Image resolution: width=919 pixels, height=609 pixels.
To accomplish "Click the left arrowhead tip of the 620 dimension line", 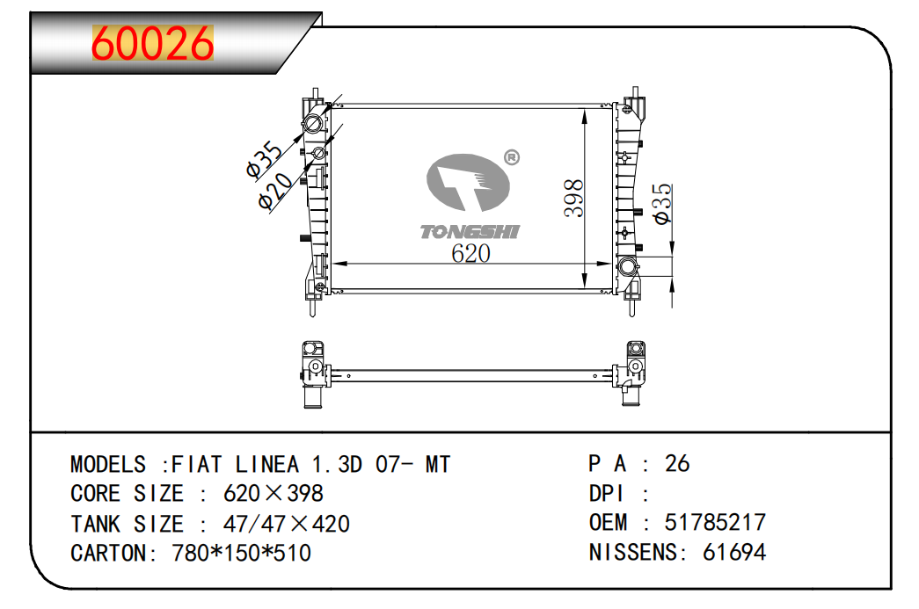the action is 332,265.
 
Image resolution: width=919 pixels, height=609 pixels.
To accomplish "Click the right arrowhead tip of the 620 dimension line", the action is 612,265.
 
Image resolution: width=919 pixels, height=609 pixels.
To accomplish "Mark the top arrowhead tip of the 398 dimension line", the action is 584,109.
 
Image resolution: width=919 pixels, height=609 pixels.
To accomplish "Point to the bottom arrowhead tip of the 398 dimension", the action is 584,288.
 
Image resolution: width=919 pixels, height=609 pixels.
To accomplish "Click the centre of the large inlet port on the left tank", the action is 313,124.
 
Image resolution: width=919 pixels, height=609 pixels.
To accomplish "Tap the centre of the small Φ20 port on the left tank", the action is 319,154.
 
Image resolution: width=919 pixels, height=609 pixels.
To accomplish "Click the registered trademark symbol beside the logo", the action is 512,157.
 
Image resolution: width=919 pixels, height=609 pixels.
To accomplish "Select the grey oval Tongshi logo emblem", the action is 468,182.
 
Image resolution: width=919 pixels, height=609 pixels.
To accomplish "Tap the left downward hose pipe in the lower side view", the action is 312,396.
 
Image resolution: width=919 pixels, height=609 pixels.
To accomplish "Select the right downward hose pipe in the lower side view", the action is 631,395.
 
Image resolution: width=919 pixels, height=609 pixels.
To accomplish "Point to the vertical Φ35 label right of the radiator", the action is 661,203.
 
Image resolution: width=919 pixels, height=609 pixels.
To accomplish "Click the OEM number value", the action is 714,522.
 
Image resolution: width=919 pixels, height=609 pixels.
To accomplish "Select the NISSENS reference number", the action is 733,552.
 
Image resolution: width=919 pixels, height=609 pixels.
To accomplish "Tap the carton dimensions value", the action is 241,553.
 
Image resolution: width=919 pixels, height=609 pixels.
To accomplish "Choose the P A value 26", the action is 677,463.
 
